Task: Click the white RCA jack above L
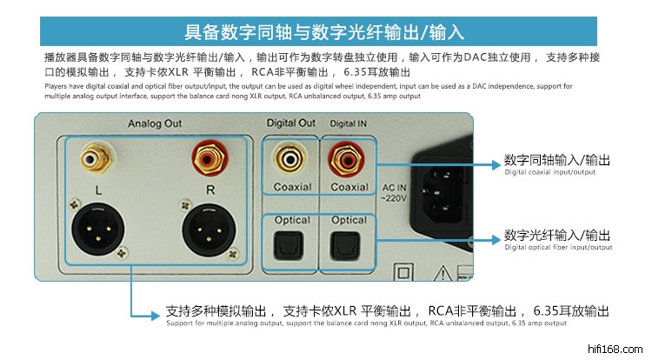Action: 96,157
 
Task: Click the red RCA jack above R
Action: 210,158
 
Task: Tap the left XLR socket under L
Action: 98,229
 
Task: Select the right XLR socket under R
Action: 210,230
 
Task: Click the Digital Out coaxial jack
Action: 289,159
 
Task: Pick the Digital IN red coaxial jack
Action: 346,160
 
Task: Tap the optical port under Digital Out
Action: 289,246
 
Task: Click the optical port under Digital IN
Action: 345,246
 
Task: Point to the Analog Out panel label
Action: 155,123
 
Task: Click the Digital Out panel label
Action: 291,123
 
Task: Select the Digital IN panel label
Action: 349,123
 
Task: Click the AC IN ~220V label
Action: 394,193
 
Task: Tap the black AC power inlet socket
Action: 442,195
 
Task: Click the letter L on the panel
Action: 98,190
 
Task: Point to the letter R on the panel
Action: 210,190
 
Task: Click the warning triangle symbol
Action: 442,273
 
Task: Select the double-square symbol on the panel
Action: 403,273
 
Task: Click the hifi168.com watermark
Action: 615,349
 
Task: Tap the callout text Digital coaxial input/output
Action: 549,172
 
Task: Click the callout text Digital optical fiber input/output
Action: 558,247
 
